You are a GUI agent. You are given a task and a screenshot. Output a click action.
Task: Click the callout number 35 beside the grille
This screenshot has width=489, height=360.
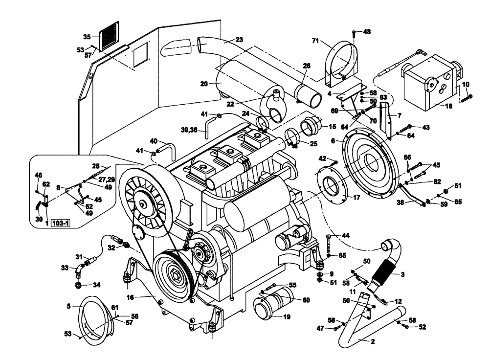[87, 37]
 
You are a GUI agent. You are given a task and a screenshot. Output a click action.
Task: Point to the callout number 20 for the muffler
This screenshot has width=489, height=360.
[205, 84]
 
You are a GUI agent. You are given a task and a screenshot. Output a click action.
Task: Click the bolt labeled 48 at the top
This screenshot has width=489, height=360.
[354, 32]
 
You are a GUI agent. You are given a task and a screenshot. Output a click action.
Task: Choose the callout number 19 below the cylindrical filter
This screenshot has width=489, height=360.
[287, 317]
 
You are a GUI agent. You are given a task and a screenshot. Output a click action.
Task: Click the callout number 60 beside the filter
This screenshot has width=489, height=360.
[306, 300]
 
